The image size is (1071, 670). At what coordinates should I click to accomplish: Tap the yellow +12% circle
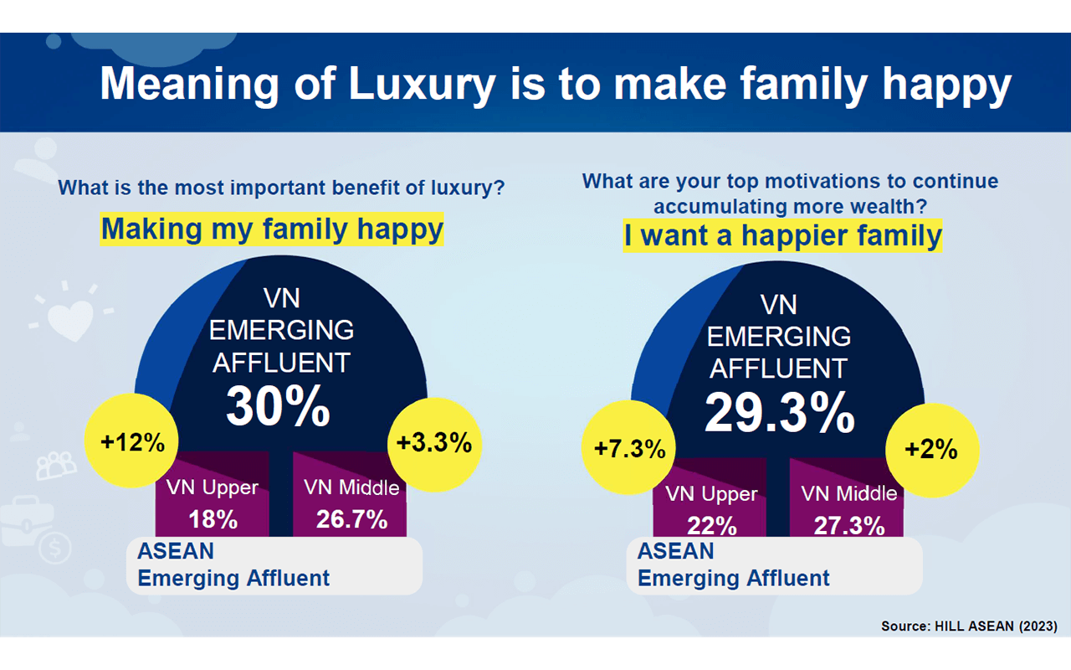pyautogui.click(x=132, y=442)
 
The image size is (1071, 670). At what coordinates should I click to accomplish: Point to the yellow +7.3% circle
pyautogui.click(x=628, y=449)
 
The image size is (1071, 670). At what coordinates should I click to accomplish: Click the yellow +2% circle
pyautogui.click(x=930, y=449)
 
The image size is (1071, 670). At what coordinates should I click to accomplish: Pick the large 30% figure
pyautogui.click(x=278, y=407)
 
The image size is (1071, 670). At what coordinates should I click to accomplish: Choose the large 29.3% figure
pyautogui.click(x=779, y=412)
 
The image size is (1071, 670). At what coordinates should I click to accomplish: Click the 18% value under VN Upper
pyautogui.click(x=213, y=519)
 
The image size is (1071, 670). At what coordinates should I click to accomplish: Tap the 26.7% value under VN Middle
pyautogui.click(x=351, y=519)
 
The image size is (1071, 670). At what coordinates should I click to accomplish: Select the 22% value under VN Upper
pyautogui.click(x=711, y=525)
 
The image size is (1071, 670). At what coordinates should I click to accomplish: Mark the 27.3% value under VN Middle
pyautogui.click(x=849, y=525)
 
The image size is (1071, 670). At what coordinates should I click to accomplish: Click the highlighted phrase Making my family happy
pyautogui.click(x=272, y=228)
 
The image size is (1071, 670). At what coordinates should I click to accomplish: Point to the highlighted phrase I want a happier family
pyautogui.click(x=782, y=235)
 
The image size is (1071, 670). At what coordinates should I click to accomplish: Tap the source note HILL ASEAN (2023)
pyautogui.click(x=969, y=626)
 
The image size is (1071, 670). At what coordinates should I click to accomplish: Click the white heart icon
pyautogui.click(x=70, y=318)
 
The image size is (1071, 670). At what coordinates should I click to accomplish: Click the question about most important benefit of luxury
pyautogui.click(x=281, y=187)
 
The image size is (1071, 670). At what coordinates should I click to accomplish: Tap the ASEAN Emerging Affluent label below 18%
pyautogui.click(x=233, y=564)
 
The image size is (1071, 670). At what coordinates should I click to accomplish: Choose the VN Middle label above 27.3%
pyautogui.click(x=849, y=493)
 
